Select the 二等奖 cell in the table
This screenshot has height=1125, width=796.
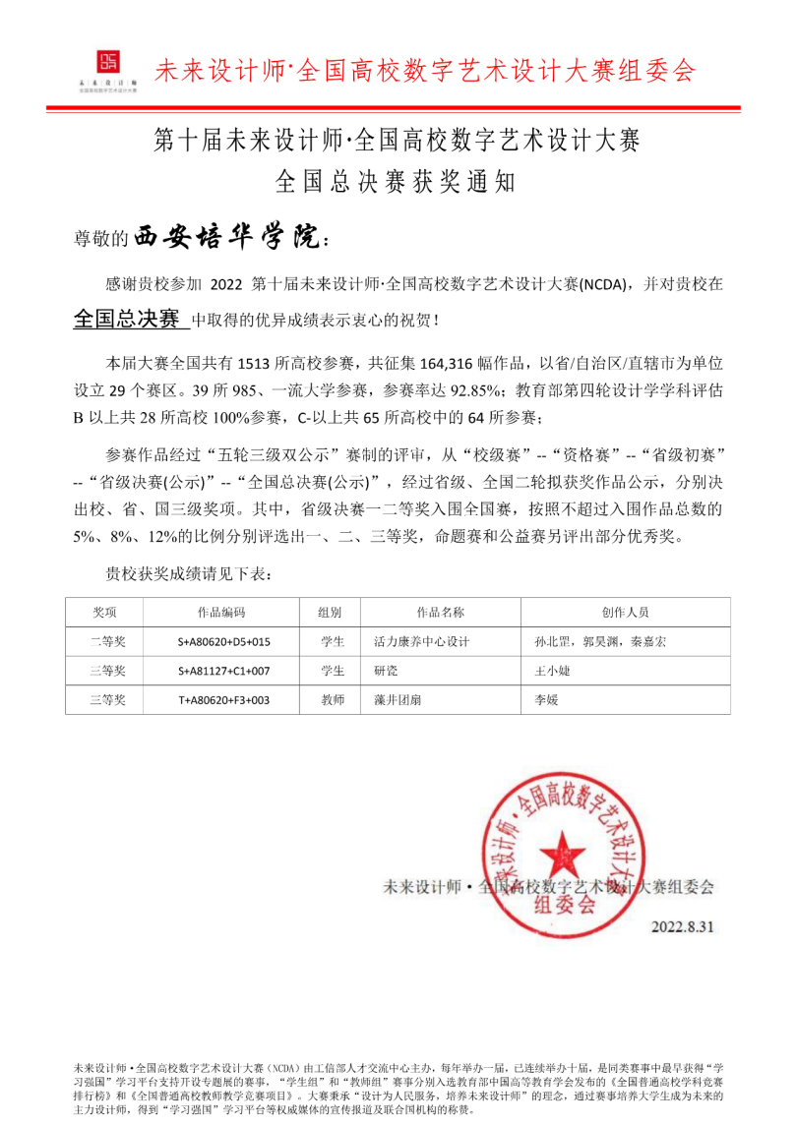[x=104, y=642]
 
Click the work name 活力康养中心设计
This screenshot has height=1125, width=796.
[x=421, y=642]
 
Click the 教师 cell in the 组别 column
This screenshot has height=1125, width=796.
[x=332, y=699]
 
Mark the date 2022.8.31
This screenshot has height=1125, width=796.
[x=682, y=926]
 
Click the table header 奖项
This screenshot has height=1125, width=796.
[x=104, y=612]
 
